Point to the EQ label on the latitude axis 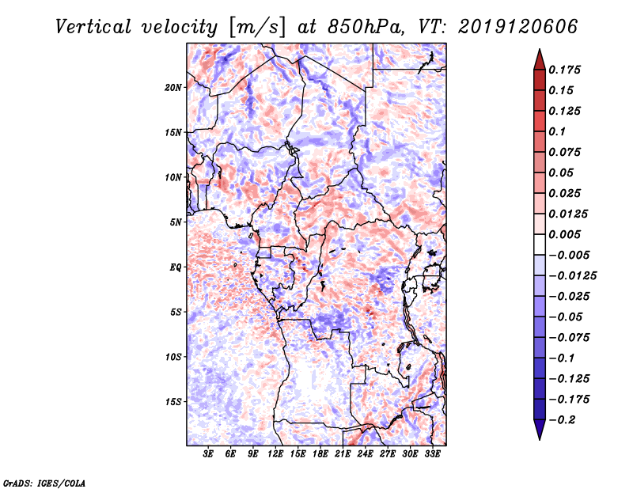pos(176,267)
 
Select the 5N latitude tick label pos(176,222)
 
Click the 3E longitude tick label pos(208,454)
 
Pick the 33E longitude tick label pos(431,454)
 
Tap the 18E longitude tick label pos(320,454)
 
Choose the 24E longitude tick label pos(364,454)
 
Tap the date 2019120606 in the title pos(517,26)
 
